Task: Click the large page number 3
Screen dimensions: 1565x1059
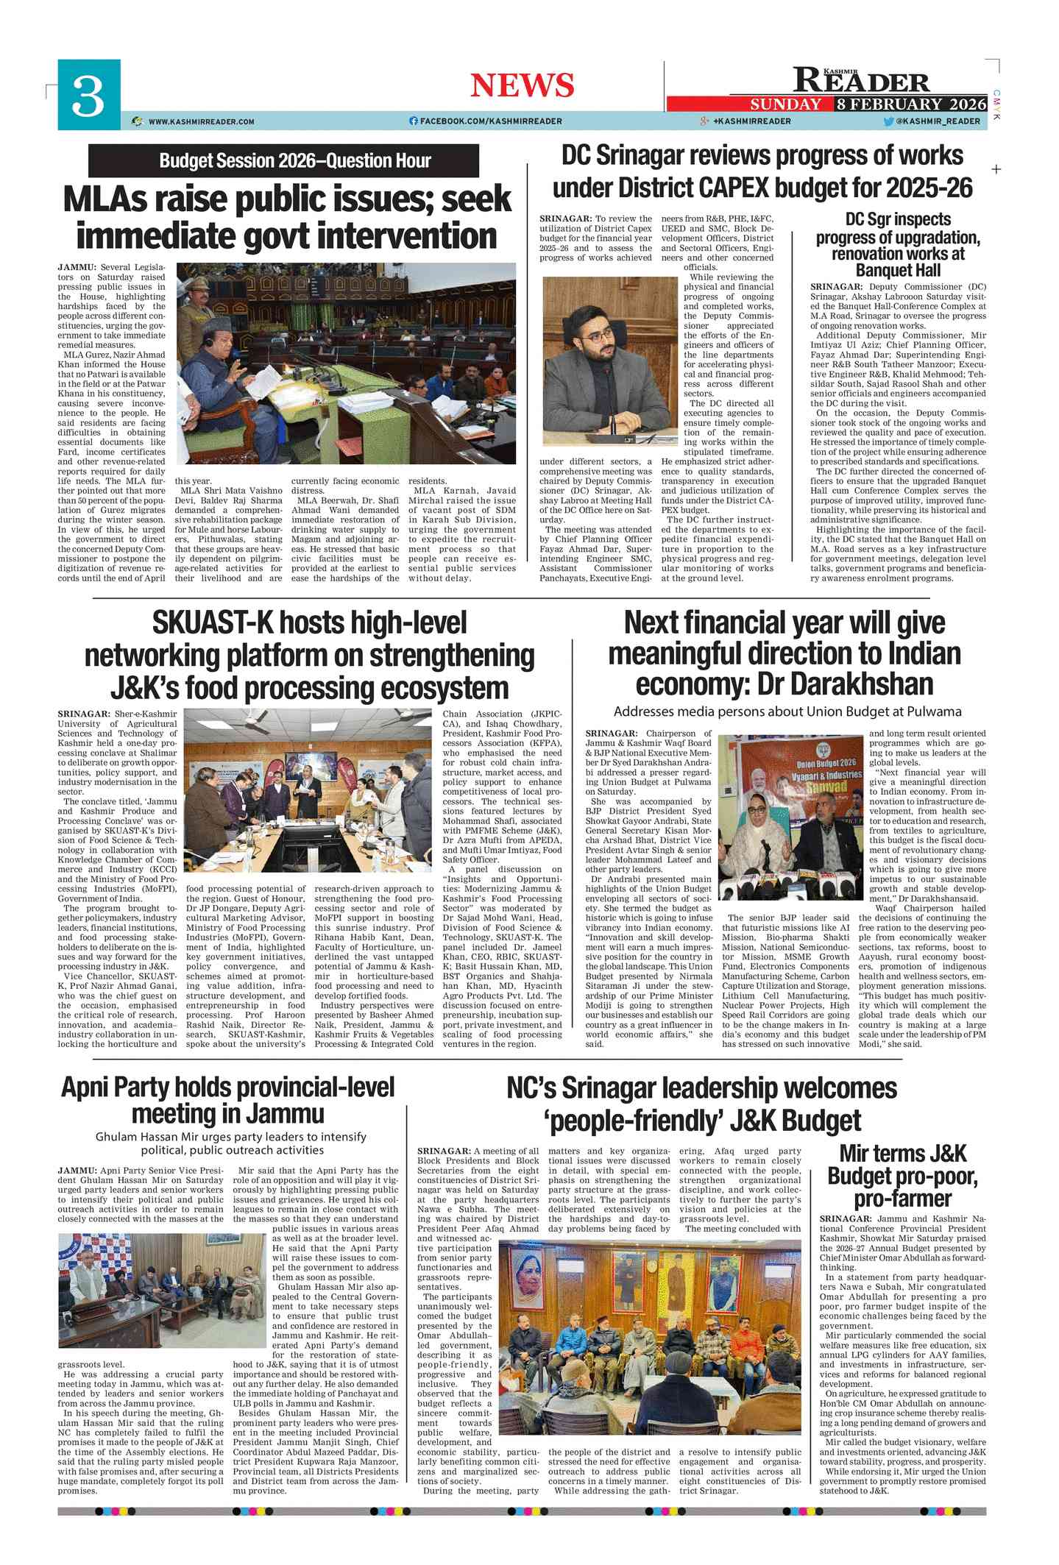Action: tap(88, 96)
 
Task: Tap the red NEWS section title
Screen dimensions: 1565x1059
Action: tap(522, 85)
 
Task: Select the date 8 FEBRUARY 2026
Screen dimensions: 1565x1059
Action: tap(910, 104)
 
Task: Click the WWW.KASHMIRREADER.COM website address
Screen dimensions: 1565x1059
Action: tap(201, 121)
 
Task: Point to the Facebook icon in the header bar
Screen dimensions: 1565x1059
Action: tap(414, 121)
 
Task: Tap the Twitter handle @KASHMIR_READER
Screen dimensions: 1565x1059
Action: tap(938, 121)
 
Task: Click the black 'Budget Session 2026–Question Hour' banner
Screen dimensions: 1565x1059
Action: tap(283, 160)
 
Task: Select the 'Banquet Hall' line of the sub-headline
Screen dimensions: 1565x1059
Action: tap(898, 270)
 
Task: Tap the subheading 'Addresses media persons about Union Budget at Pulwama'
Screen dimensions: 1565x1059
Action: tap(787, 711)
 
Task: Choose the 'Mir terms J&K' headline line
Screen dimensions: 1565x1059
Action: tap(902, 1153)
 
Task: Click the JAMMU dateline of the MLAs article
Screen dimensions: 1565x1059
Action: tap(77, 267)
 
